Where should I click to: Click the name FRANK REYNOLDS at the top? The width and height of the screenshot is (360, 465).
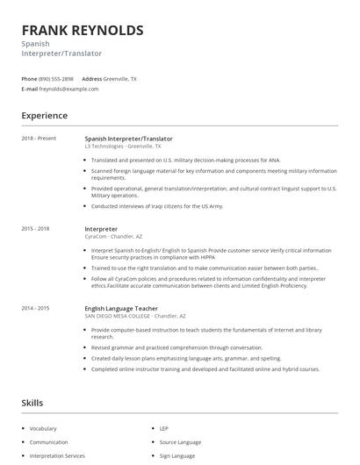[83, 31]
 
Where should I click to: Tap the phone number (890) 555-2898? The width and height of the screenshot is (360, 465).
[57, 79]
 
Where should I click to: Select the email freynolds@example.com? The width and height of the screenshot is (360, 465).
[69, 89]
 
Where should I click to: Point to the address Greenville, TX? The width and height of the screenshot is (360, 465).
[120, 79]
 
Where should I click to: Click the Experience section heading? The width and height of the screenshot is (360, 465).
[44, 115]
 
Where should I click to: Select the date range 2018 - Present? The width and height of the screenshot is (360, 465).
[39, 138]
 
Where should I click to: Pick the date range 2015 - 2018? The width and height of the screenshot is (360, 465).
[35, 228]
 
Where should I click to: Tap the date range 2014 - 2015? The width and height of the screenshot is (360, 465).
[35, 308]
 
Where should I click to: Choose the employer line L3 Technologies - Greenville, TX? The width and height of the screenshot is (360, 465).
[124, 146]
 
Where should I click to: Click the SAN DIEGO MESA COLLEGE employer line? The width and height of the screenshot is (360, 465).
[135, 316]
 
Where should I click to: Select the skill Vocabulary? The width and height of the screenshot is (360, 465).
[43, 428]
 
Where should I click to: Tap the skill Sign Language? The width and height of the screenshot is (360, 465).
[177, 456]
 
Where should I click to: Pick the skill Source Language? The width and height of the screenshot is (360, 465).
[180, 442]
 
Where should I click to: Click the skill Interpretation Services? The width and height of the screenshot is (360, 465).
[57, 456]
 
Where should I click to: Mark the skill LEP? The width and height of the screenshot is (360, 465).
[164, 428]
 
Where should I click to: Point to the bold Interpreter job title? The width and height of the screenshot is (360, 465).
[101, 228]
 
